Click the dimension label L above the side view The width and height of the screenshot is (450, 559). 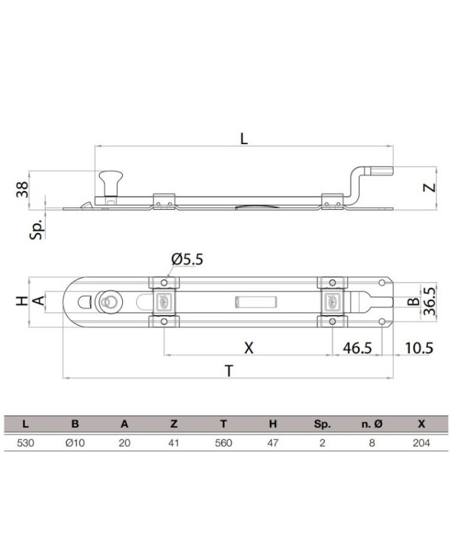click(244, 138)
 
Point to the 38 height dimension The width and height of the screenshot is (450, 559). click(22, 189)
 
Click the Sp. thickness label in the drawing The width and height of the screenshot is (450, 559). click(37, 228)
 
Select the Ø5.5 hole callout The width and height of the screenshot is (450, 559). click(187, 259)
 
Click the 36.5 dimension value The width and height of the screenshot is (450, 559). click(430, 301)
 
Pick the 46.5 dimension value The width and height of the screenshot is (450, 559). click(357, 347)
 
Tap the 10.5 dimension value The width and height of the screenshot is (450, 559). click(419, 347)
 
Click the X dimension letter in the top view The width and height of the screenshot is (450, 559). click(249, 347)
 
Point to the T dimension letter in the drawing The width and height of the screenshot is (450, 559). click(229, 371)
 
